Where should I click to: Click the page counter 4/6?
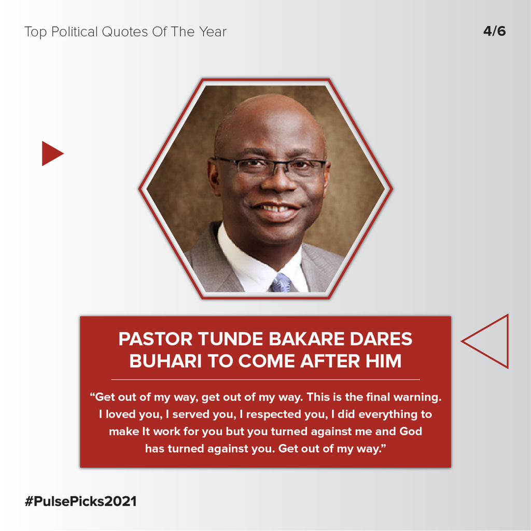(494, 32)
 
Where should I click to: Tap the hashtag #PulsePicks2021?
(80, 501)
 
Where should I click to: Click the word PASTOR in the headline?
(155, 339)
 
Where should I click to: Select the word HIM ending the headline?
(383, 361)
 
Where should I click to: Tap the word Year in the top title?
(213, 32)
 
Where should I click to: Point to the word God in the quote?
(411, 431)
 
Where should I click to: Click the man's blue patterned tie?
(281, 283)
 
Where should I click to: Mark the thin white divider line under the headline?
(265, 380)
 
